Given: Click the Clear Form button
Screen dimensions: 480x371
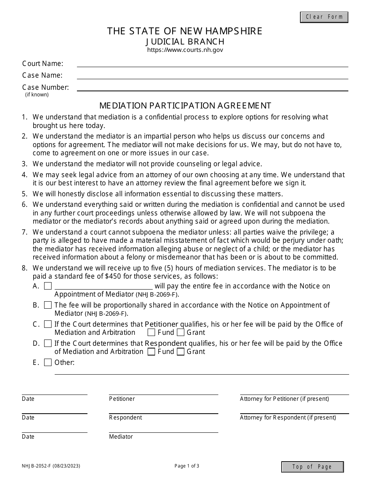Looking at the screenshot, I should [324, 17].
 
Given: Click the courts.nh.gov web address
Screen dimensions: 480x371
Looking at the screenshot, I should [185, 50].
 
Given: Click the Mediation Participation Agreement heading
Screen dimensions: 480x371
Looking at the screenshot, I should [185, 105].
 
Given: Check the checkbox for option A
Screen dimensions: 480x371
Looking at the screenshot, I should [48, 286].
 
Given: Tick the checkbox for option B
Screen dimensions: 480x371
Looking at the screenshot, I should [48, 305].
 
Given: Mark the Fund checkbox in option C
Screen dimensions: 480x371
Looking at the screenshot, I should [151, 332].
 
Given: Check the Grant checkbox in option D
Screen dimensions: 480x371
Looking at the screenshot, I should [180, 352].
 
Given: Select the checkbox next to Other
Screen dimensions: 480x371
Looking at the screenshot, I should [48, 363].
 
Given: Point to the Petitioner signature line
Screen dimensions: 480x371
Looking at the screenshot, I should [163, 391].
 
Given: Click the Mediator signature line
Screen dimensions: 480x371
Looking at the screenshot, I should [163, 429].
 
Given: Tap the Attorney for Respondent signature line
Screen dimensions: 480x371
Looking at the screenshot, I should [294, 410].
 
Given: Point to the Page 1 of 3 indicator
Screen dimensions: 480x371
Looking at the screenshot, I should [187, 466].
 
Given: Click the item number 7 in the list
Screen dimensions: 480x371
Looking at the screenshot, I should [25, 232].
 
